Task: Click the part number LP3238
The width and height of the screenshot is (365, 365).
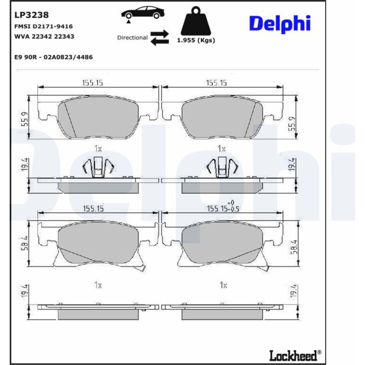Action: click(x=31, y=15)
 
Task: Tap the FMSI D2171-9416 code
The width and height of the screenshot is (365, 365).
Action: click(x=43, y=26)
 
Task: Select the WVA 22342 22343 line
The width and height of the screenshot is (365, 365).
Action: click(x=44, y=36)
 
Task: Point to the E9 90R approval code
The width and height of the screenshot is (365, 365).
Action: click(x=54, y=57)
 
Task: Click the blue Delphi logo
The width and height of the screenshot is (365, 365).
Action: click(x=280, y=24)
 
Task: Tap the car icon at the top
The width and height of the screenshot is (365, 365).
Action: click(x=143, y=14)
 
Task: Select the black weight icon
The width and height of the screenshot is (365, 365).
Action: click(x=196, y=21)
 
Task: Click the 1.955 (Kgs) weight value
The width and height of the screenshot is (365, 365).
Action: click(x=196, y=40)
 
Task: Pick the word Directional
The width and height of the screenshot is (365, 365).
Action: click(x=132, y=38)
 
